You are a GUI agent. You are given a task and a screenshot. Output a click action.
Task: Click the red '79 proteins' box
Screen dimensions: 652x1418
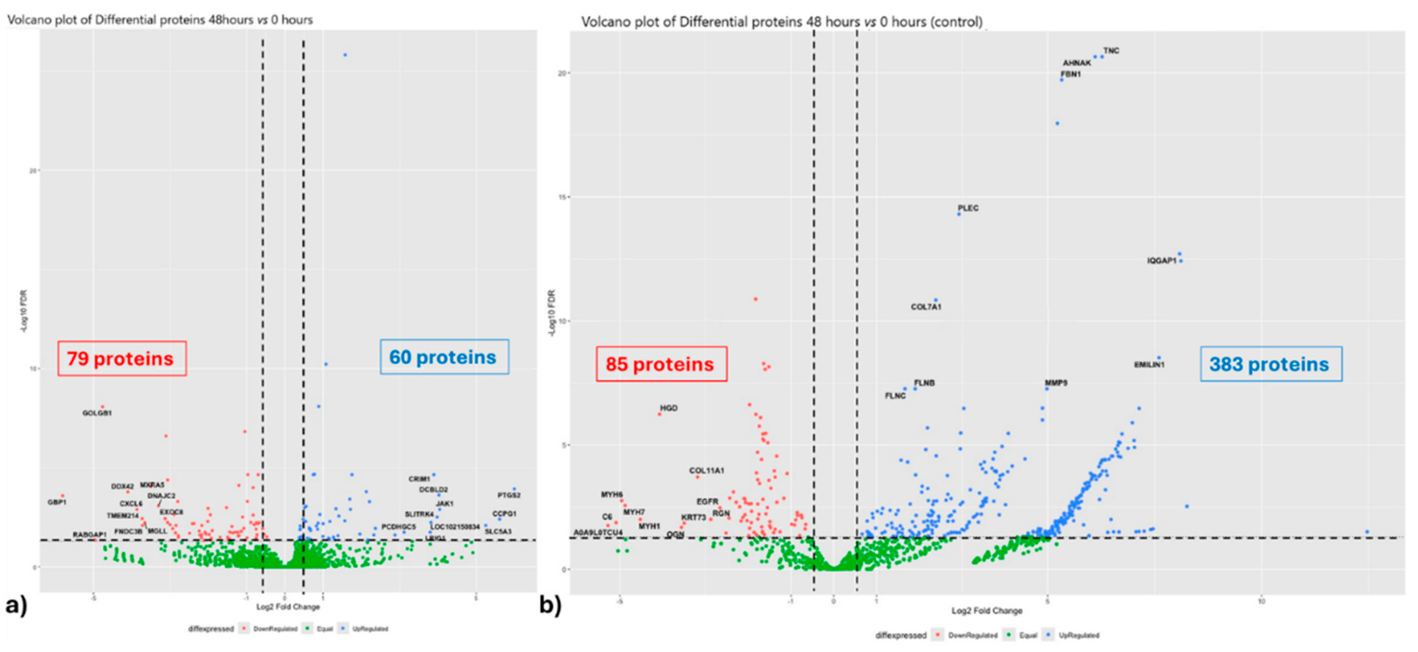click(122, 359)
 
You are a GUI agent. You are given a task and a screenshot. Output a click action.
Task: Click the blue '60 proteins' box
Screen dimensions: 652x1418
click(444, 357)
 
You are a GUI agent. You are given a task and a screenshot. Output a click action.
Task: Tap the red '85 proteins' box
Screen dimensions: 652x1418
click(661, 364)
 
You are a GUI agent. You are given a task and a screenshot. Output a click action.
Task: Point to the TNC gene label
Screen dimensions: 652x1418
click(1111, 51)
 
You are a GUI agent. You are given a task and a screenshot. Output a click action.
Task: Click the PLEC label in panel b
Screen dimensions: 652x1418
click(968, 208)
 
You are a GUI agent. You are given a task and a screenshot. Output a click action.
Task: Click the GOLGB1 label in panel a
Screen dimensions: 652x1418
click(97, 413)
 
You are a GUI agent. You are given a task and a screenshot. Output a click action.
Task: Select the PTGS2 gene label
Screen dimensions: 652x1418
click(508, 495)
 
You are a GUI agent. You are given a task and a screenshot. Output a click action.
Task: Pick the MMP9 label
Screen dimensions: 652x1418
click(1056, 383)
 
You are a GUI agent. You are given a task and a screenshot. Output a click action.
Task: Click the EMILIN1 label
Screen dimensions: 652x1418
click(1149, 365)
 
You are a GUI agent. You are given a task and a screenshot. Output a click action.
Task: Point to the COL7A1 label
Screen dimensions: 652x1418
click(926, 307)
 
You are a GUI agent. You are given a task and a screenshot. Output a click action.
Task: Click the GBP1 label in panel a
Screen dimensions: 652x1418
click(57, 502)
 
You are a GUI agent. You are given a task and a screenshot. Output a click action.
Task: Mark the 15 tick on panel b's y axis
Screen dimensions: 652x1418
click(563, 197)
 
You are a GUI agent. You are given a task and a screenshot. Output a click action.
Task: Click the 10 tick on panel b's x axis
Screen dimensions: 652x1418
click(1261, 601)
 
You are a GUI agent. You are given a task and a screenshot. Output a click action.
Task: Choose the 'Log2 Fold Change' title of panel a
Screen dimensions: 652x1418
click(288, 607)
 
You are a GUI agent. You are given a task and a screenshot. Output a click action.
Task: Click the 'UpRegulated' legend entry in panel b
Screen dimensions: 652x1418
click(1078, 636)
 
